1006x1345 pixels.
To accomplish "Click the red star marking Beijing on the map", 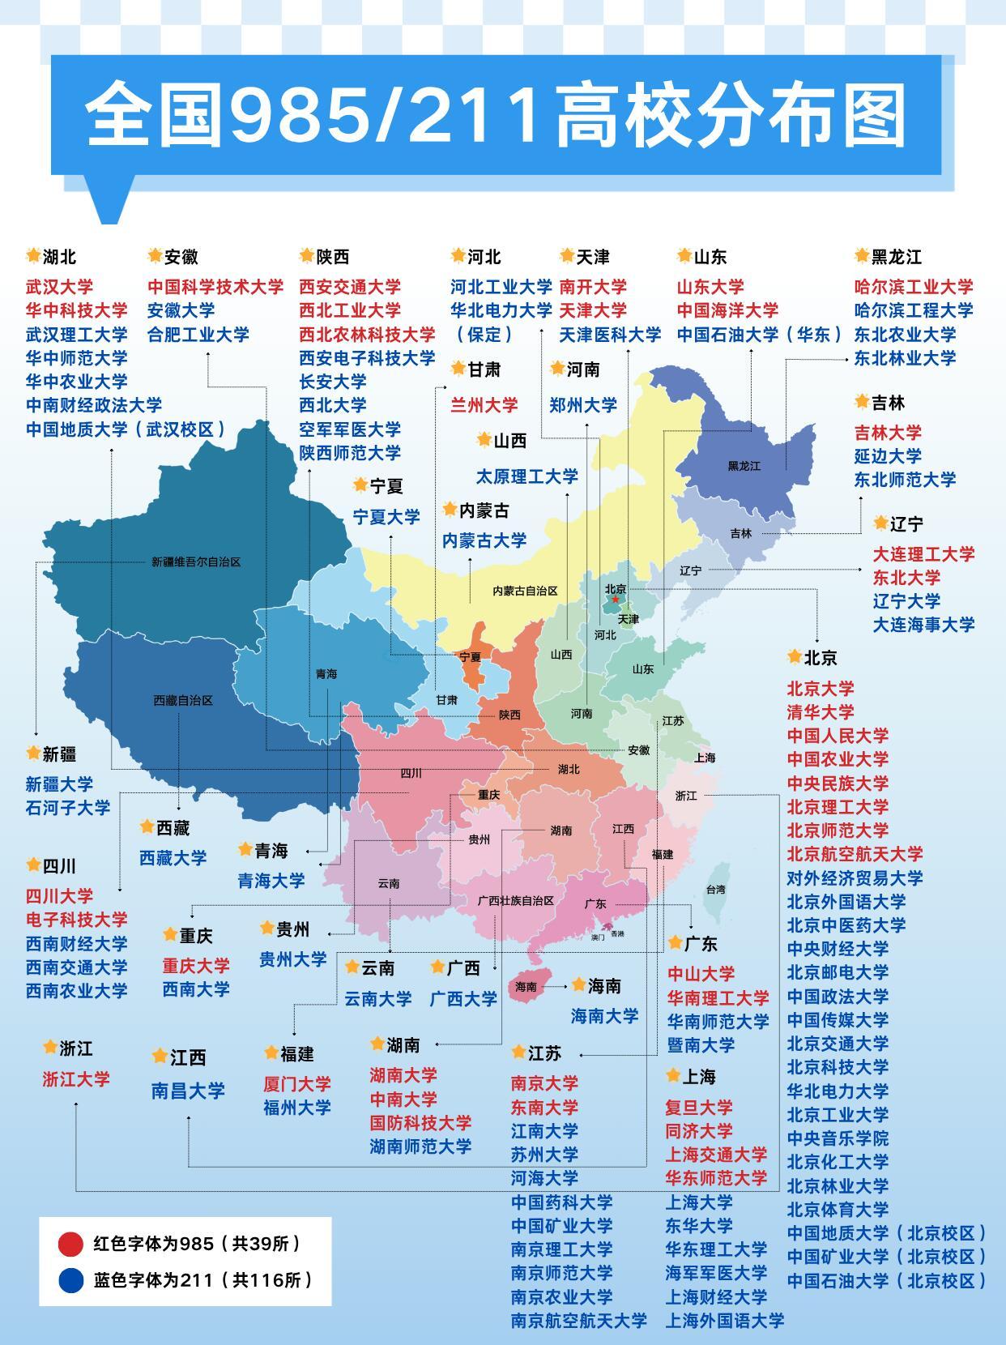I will click(615, 600).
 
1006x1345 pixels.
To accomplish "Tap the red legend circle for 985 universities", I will click(70, 1244).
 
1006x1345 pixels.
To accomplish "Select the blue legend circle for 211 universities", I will click(70, 1280).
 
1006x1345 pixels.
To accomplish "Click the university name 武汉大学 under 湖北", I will click(59, 287).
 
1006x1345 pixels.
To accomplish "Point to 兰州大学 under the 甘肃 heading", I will click(484, 405).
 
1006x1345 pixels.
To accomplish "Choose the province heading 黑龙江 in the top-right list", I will click(896, 257).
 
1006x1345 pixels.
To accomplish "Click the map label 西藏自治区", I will click(183, 700).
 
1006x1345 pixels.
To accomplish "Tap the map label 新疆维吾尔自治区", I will click(196, 561).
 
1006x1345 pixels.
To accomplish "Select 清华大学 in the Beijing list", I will click(821, 712).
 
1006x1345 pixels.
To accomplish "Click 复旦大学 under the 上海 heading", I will click(699, 1107).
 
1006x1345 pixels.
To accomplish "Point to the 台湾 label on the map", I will click(716, 889).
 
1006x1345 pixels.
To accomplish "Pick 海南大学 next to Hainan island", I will click(604, 1015).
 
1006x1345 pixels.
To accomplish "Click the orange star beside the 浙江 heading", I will click(49, 1048).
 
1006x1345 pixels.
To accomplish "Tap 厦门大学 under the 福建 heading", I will click(297, 1084).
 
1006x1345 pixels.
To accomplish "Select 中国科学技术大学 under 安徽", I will click(215, 287).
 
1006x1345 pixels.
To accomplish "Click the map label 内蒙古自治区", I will click(526, 591).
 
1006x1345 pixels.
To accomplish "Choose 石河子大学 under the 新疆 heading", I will click(68, 808).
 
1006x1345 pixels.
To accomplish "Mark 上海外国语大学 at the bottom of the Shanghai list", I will click(725, 1321).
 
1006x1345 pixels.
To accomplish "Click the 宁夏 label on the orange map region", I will click(470, 657).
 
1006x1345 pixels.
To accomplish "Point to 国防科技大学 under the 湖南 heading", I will click(420, 1123).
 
